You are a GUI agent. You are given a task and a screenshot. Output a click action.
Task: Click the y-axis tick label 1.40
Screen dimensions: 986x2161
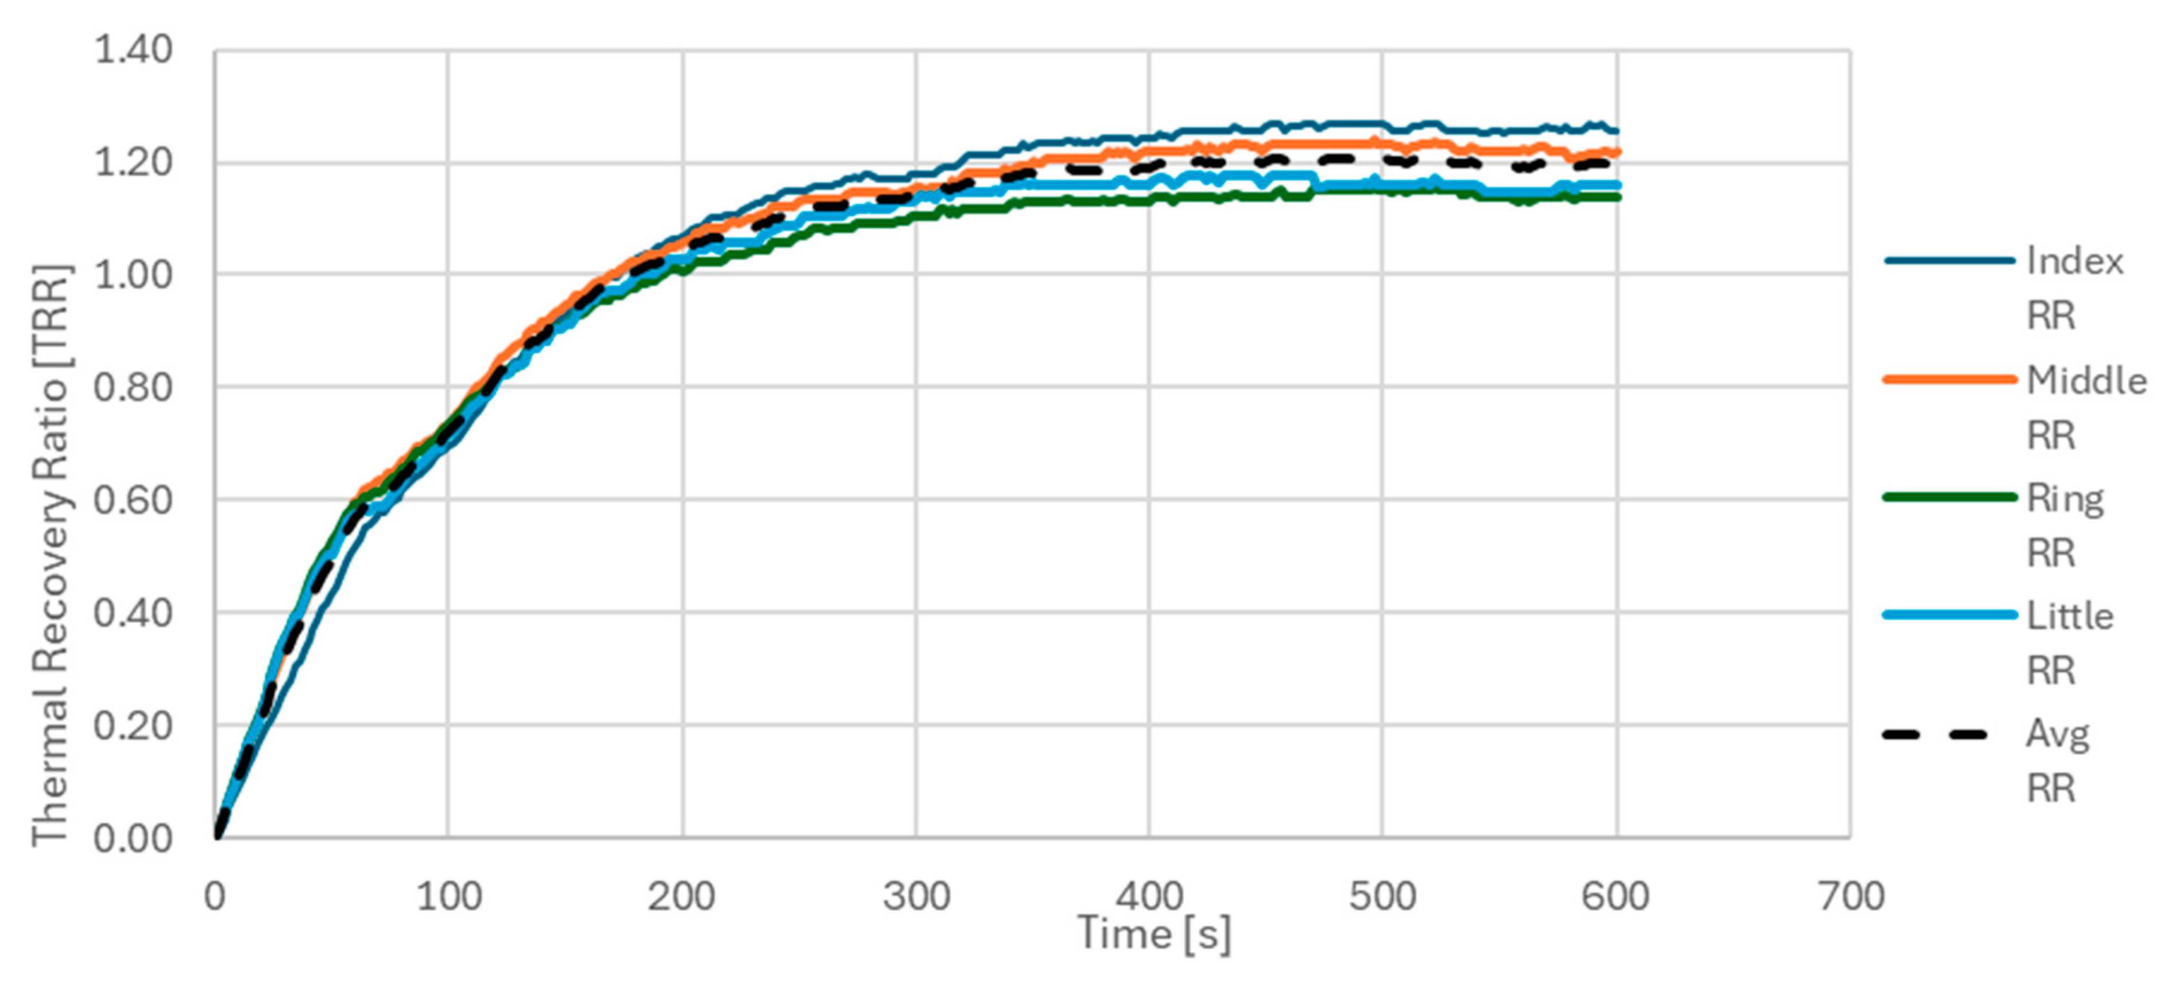click(x=133, y=50)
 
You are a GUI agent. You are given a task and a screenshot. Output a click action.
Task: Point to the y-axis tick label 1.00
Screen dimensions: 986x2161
click(x=133, y=275)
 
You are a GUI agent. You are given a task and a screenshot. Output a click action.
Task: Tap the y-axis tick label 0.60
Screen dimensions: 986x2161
click(x=133, y=501)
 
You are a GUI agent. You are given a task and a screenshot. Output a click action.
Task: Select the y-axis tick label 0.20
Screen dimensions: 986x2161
click(x=133, y=726)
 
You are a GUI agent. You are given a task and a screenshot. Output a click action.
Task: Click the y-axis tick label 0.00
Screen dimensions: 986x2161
click(x=133, y=839)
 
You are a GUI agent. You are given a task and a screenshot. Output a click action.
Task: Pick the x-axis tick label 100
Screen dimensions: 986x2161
click(x=449, y=897)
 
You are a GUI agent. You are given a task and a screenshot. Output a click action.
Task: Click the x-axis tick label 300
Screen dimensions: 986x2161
click(x=916, y=897)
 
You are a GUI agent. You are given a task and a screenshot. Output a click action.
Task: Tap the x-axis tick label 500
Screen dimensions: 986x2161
click(x=1382, y=897)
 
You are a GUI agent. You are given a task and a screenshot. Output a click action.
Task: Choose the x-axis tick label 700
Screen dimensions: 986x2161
click(x=1850, y=897)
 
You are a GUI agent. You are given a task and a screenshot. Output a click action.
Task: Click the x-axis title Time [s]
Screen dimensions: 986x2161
click(x=1155, y=934)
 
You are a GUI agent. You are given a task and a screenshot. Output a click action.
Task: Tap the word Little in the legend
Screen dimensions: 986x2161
click(x=2070, y=616)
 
